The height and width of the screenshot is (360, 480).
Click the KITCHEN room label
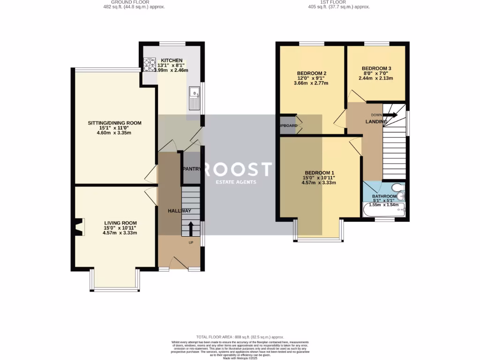pos(172,60)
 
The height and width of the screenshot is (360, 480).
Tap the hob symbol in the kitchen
pos(149,64)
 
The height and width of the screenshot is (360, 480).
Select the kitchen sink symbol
pos(195,98)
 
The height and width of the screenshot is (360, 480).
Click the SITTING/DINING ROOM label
pos(114,123)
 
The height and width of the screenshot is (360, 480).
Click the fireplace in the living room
pos(79,228)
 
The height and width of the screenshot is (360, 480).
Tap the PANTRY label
pos(191,169)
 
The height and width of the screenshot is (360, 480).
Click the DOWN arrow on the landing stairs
pos(390,115)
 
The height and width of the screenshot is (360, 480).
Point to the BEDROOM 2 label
pos(311,73)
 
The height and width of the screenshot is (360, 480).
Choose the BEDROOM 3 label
pos(376,68)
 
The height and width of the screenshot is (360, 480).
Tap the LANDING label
pos(376,122)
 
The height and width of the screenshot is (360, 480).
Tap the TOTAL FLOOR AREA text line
pos(240,337)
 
